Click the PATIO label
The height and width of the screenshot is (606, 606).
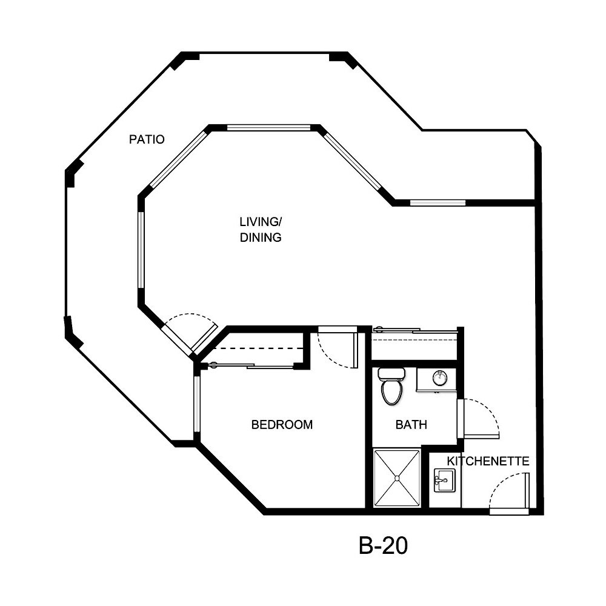tap(147, 139)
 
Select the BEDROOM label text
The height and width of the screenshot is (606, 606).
tap(282, 424)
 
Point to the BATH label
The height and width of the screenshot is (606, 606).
tap(411, 424)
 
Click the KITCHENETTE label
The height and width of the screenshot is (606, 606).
tap(488, 461)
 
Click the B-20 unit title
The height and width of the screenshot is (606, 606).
tap(383, 546)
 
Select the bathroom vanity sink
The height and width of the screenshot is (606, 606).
tap(440, 379)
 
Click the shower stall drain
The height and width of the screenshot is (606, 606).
tap(397, 478)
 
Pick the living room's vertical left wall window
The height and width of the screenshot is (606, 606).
tap(141, 248)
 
